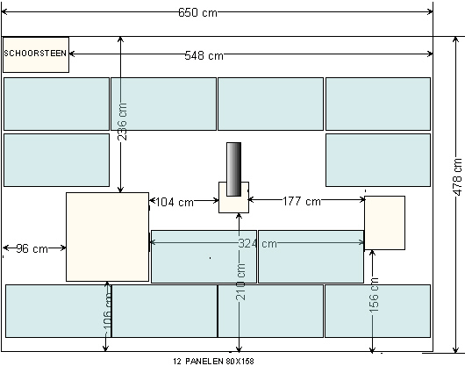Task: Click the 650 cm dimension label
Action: (x=197, y=12)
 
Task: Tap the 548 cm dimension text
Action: (x=204, y=55)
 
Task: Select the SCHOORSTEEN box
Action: (x=36, y=54)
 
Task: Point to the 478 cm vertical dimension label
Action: (x=458, y=177)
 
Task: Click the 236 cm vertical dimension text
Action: (x=122, y=122)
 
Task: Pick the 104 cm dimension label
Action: (x=174, y=202)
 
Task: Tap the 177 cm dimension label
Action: (x=302, y=201)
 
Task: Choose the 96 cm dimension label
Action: (x=32, y=248)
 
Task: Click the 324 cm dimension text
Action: (x=257, y=243)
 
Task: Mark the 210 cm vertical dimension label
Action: (x=240, y=282)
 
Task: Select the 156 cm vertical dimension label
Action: (x=375, y=295)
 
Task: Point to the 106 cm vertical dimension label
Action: (x=107, y=313)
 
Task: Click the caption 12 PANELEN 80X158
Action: (x=213, y=362)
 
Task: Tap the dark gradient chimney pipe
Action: (x=233, y=169)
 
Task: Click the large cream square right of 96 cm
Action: (x=107, y=237)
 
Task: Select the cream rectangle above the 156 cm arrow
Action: (x=384, y=223)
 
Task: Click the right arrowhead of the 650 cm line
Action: (x=430, y=12)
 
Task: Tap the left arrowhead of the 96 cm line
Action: (x=6, y=248)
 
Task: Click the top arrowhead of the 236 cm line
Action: (x=120, y=40)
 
